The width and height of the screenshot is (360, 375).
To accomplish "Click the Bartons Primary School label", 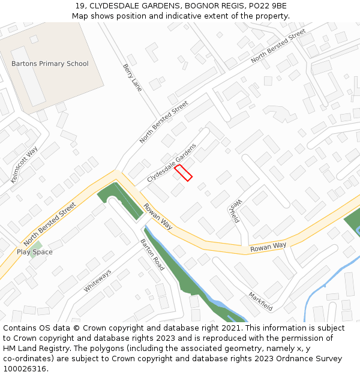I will tap(50, 64).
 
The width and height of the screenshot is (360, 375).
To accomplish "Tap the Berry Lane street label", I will tap(133, 77).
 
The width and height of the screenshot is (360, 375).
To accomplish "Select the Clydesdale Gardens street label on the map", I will tap(172, 163).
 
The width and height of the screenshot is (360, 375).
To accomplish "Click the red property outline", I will tap(183, 173).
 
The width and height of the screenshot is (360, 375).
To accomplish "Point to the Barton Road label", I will tap(152, 255).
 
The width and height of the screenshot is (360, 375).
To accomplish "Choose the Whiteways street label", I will tap(97, 281).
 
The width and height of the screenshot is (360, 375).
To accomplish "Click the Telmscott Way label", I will tap(25, 164).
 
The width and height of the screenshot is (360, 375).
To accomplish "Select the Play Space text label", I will tap(34, 252).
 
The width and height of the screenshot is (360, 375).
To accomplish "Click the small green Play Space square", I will tap(37, 245).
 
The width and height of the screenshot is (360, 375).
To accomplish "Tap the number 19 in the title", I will tap(80, 6).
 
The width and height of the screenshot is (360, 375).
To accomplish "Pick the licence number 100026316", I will tap(26, 369).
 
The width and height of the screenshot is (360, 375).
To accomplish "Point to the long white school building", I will tap(28, 76).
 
